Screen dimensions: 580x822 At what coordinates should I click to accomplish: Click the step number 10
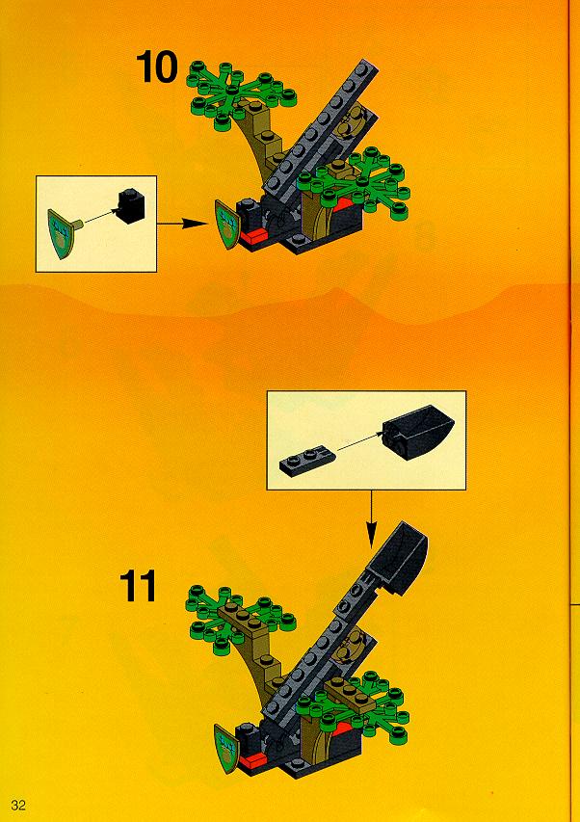pyautogui.click(x=157, y=67)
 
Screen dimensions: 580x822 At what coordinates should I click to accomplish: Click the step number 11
pyautogui.click(x=139, y=586)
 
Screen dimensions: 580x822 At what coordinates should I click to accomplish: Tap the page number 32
pyautogui.click(x=17, y=805)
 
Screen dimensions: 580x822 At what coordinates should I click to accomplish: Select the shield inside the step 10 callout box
pyautogui.click(x=62, y=233)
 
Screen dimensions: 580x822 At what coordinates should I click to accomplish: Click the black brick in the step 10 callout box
pyautogui.click(x=131, y=206)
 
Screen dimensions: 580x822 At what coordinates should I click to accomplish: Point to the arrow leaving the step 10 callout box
pyautogui.click(x=182, y=224)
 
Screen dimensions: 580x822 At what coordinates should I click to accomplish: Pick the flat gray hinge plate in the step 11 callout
pyautogui.click(x=306, y=460)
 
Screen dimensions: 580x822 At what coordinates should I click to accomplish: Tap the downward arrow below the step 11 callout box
pyautogui.click(x=372, y=519)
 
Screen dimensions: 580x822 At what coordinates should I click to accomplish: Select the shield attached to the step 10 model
pyautogui.click(x=225, y=225)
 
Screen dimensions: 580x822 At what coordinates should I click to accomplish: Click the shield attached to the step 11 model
pyautogui.click(x=225, y=748)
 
